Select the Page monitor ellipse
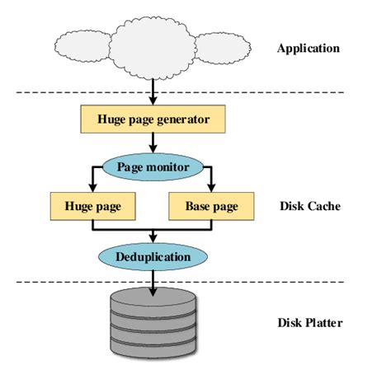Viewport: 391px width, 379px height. [x=154, y=166]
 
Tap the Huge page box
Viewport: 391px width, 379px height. [x=92, y=205]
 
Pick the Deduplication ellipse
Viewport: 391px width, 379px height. [x=154, y=256]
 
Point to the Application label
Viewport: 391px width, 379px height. [x=309, y=48]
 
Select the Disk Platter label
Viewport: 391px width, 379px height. [x=309, y=322]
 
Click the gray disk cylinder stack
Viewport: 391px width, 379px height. [x=153, y=325]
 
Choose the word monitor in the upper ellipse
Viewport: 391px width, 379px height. [x=170, y=166]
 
